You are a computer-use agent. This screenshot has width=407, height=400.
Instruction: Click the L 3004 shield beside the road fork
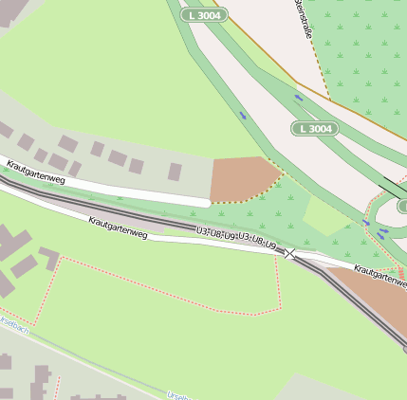tap(315, 129)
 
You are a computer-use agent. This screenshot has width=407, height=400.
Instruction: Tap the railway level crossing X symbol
tap(289, 253)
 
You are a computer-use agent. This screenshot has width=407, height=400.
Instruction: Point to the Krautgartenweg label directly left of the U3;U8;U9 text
tap(118, 227)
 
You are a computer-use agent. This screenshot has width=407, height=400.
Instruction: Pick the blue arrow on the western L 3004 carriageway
tap(242, 116)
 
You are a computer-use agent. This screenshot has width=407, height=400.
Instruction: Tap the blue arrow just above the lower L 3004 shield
tap(300, 97)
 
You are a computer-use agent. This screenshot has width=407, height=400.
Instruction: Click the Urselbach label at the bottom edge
tap(176, 394)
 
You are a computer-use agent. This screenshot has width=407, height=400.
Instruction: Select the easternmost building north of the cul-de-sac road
tap(175, 172)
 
